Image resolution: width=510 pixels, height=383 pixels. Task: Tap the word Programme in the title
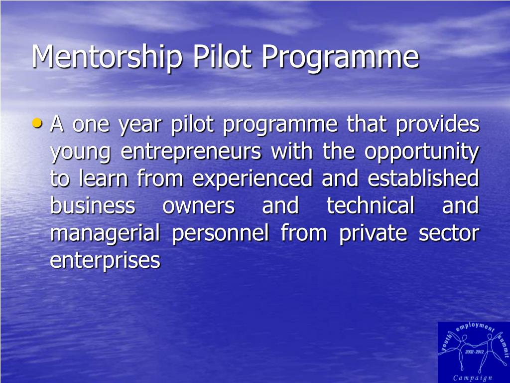(340, 57)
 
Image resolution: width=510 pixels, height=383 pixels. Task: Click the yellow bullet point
(37, 123)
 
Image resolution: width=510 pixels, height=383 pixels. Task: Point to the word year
(140, 125)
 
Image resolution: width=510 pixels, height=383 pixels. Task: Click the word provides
(437, 124)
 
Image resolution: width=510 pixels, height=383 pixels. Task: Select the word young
(80, 153)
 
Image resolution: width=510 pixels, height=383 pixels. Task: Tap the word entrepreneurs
(191, 152)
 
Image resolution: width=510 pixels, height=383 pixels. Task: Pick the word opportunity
(422, 152)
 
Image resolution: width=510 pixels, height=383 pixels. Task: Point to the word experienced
(252, 179)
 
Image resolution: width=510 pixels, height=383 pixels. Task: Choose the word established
(423, 178)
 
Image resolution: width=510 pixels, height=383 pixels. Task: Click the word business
(93, 205)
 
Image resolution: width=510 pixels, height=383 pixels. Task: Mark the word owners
(198, 206)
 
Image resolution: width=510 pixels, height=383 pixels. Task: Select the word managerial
(105, 234)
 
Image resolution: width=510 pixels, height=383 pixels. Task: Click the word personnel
(221, 234)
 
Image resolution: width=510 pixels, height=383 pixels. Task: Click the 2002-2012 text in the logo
(475, 352)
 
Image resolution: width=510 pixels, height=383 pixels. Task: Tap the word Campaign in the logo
(473, 378)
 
